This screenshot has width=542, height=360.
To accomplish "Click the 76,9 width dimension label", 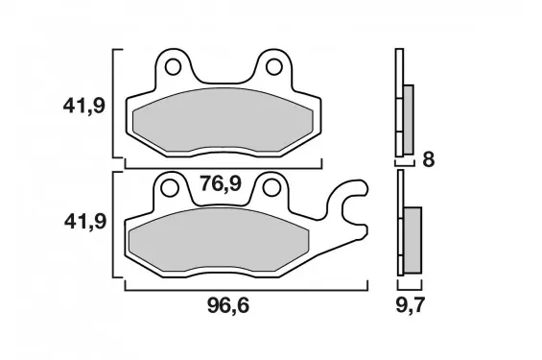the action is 221,183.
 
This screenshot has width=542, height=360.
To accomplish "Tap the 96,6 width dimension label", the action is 228,305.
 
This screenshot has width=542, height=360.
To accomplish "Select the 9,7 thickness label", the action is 410,305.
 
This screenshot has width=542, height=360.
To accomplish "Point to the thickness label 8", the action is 429,159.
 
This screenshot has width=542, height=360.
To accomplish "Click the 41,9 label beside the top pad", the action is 84,106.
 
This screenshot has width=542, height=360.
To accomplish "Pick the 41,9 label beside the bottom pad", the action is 85,222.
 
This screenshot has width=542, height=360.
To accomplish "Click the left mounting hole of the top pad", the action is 174,67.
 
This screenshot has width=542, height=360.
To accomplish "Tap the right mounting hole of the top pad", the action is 274,67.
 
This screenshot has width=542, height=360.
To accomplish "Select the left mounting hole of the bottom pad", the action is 170,188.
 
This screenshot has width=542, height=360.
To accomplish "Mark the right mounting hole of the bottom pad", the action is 271,188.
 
